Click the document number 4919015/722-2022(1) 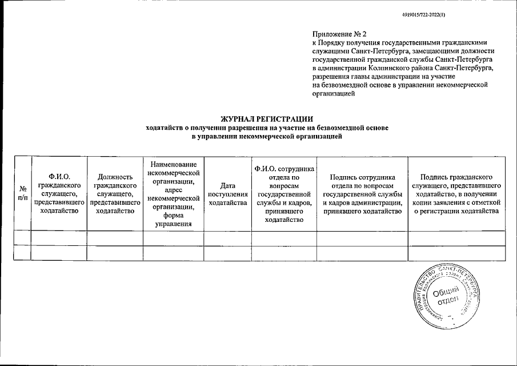click(x=419, y=15)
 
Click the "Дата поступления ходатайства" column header click(x=227, y=194)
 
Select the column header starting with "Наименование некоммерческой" click(x=173, y=194)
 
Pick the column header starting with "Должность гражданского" click(x=114, y=194)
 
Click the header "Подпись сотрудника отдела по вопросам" click(x=362, y=194)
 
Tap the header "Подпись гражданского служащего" click(x=456, y=194)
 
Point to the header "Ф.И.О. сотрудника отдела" click(x=283, y=194)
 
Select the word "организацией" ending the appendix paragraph click(x=334, y=95)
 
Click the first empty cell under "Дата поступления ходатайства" click(x=227, y=238)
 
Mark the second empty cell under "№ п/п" click(x=22, y=253)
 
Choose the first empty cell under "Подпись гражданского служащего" click(x=456, y=238)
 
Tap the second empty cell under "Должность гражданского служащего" click(x=114, y=253)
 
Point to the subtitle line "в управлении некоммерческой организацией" click(x=267, y=137)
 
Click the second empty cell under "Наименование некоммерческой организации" click(x=173, y=253)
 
